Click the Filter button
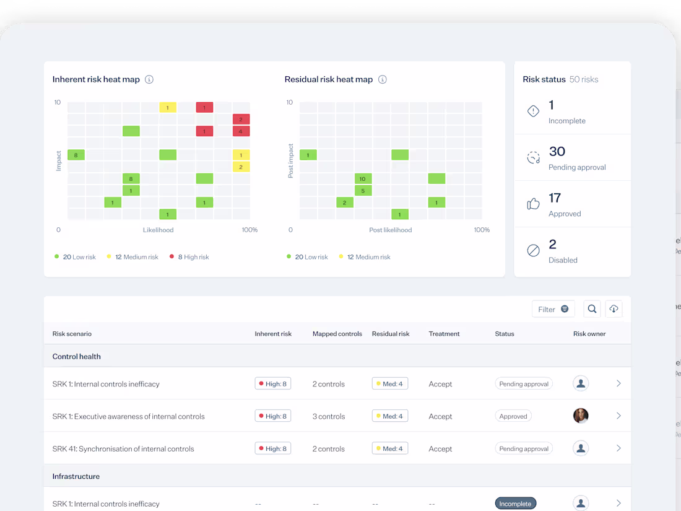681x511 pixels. pos(553,309)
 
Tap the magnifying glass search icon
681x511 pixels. pos(592,309)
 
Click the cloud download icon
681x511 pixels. pos(614,309)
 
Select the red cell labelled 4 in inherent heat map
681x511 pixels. pos(241,131)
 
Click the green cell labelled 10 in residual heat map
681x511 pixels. pos(363,178)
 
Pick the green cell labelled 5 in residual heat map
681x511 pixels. pos(363,190)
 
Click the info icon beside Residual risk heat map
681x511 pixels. pos(383,79)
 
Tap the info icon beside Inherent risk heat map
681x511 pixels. pos(149,79)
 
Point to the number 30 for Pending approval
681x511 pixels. pos(557,152)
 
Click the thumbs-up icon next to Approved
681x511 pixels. pos(533,204)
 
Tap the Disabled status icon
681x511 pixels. pos(533,250)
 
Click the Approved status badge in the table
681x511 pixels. pos(513,416)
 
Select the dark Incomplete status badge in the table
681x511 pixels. pos(515,504)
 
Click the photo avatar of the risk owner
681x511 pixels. pos(581,416)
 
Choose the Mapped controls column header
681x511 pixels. pos(337,334)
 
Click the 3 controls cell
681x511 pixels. pos(329,416)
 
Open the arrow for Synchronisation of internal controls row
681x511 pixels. pos(618,448)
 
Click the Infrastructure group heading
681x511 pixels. pos(76,476)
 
